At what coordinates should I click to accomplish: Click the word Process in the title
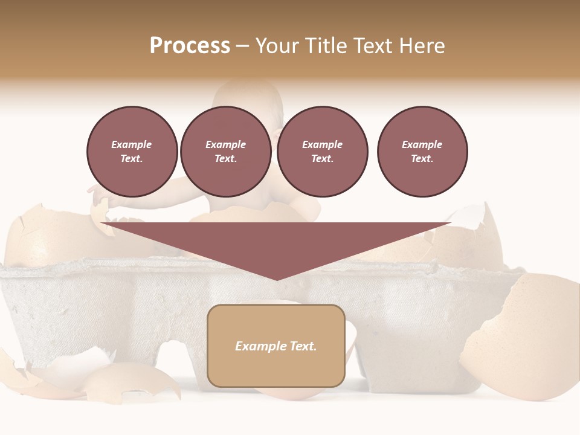190,46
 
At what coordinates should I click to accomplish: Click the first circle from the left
132,152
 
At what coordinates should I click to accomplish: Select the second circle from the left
226,152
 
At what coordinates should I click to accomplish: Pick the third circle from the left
323,152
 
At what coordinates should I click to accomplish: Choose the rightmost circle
422,152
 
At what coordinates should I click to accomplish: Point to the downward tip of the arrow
277,279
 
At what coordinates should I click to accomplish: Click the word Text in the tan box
303,346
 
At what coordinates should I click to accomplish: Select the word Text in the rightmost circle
422,158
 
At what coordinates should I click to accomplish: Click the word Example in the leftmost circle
132,144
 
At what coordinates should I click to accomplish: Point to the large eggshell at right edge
526,338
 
